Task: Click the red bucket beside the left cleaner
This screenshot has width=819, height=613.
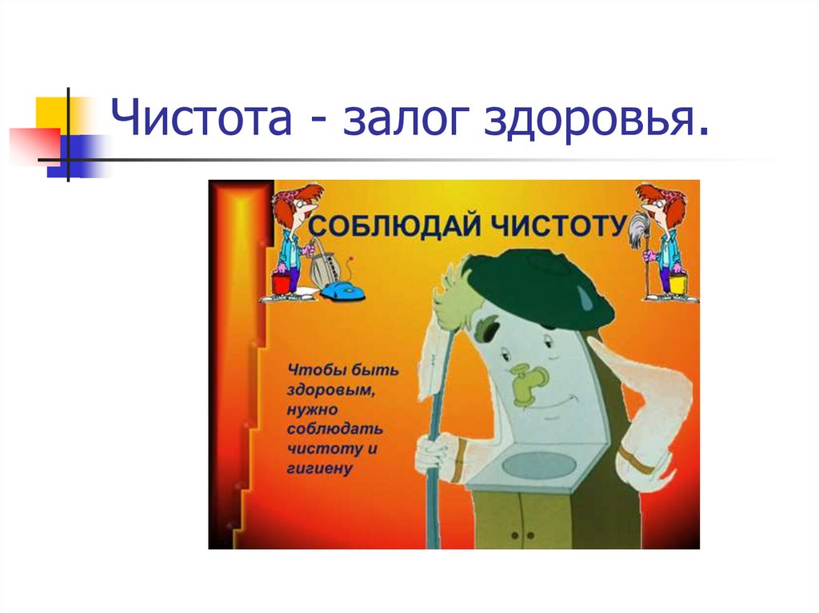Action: [x=281, y=282]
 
